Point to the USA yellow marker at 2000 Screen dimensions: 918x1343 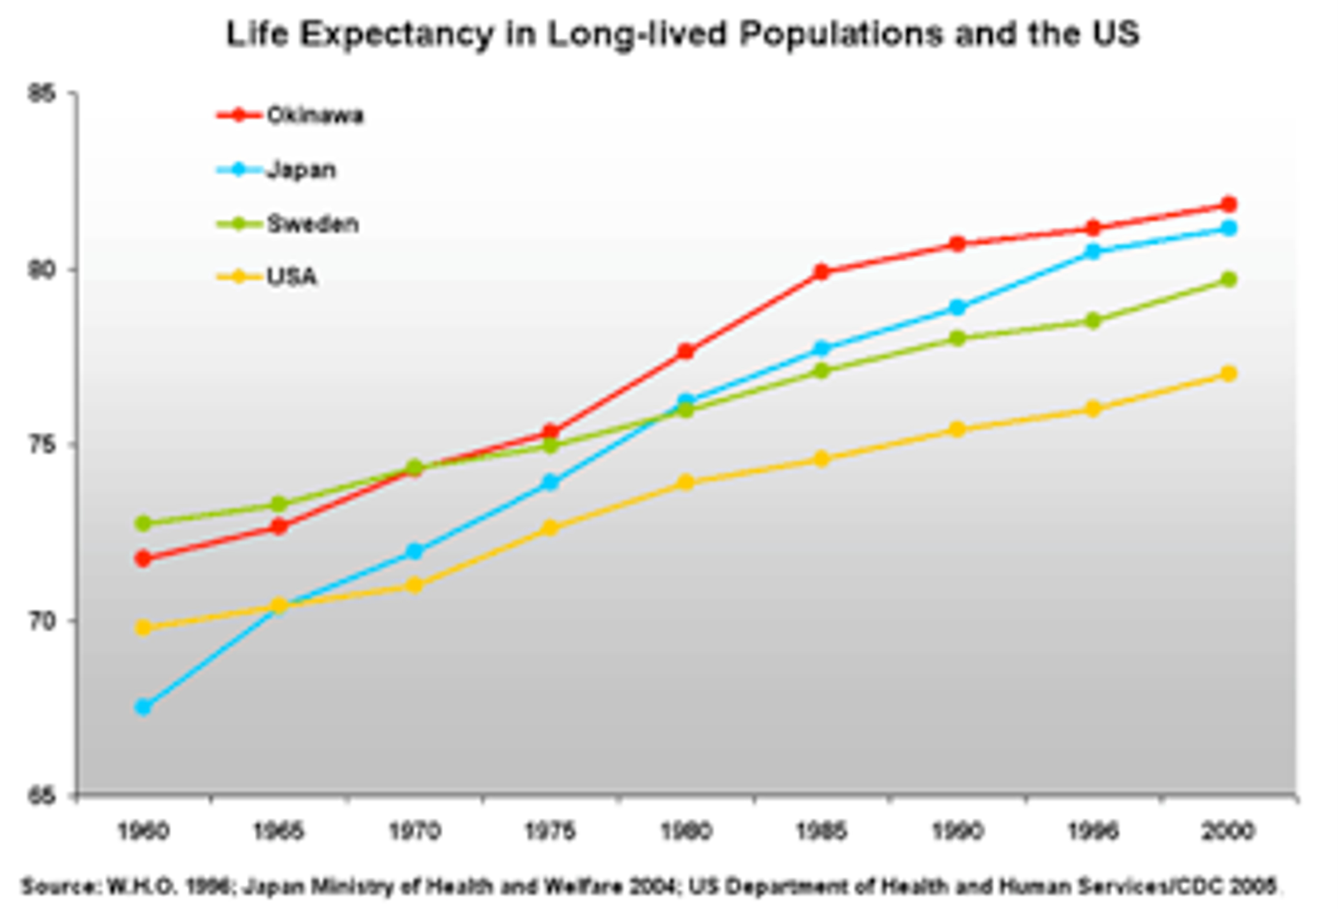click(1229, 373)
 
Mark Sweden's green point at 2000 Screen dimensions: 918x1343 click(1229, 279)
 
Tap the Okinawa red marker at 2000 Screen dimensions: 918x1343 click(1229, 204)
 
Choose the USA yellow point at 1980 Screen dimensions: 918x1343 click(685, 482)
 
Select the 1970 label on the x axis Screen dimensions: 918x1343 click(415, 831)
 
